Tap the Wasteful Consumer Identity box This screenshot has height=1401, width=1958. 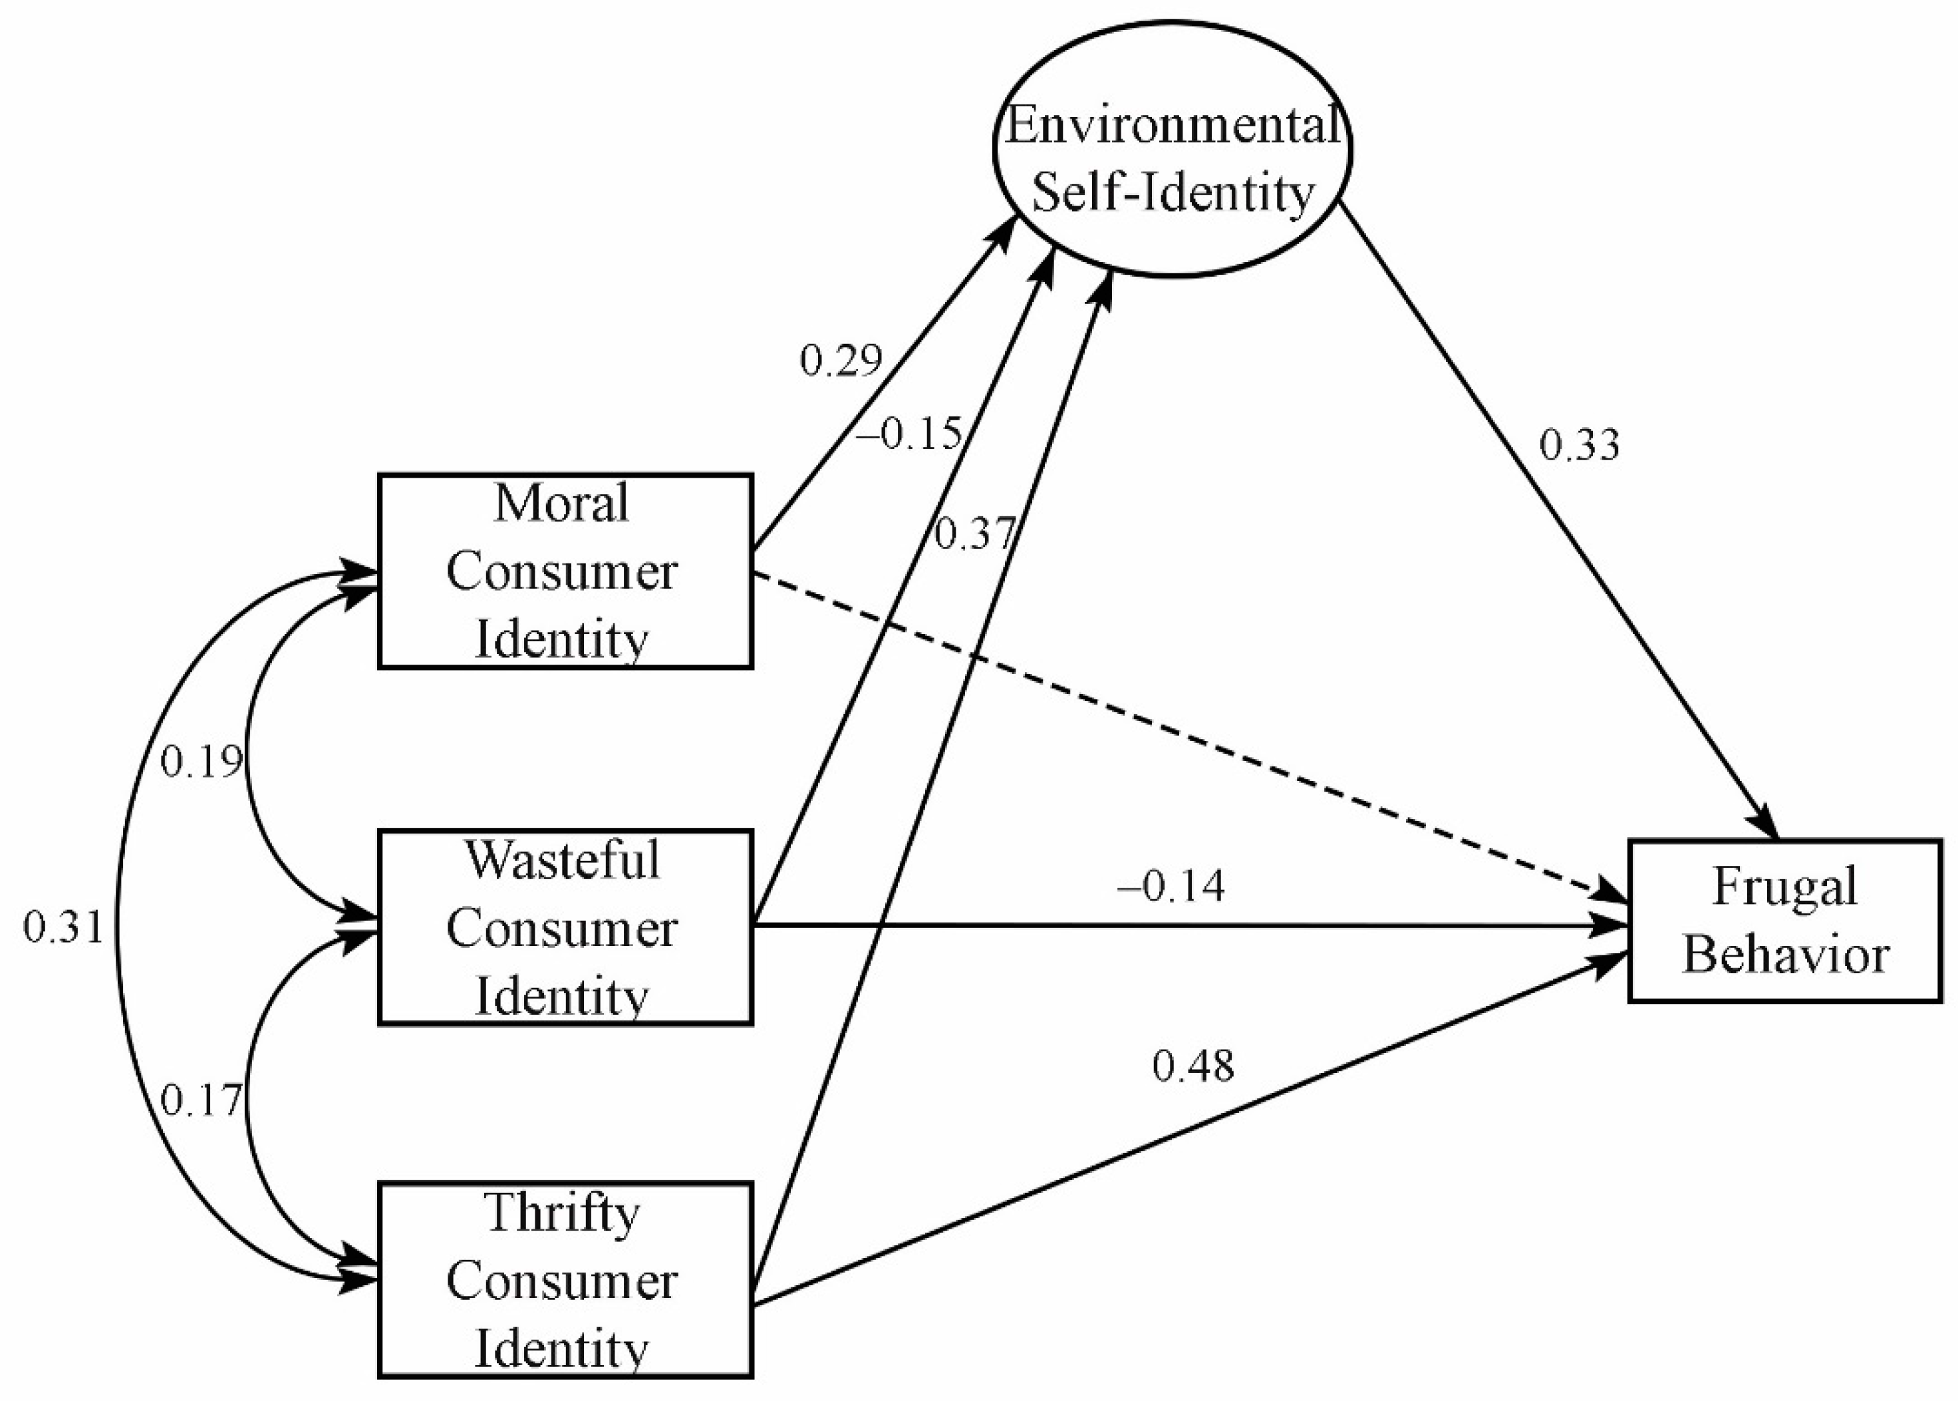(x=565, y=927)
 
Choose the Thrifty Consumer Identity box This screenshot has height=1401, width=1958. (x=565, y=1281)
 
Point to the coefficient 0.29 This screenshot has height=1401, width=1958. (x=841, y=361)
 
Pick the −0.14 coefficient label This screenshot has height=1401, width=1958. (x=1171, y=886)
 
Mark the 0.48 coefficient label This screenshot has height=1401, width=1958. (x=1193, y=1067)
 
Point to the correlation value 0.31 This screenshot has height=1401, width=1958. (x=63, y=928)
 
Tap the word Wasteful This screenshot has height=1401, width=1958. (x=563, y=860)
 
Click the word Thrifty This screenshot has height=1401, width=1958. (x=563, y=1213)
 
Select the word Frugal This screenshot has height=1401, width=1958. (x=1784, y=886)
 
